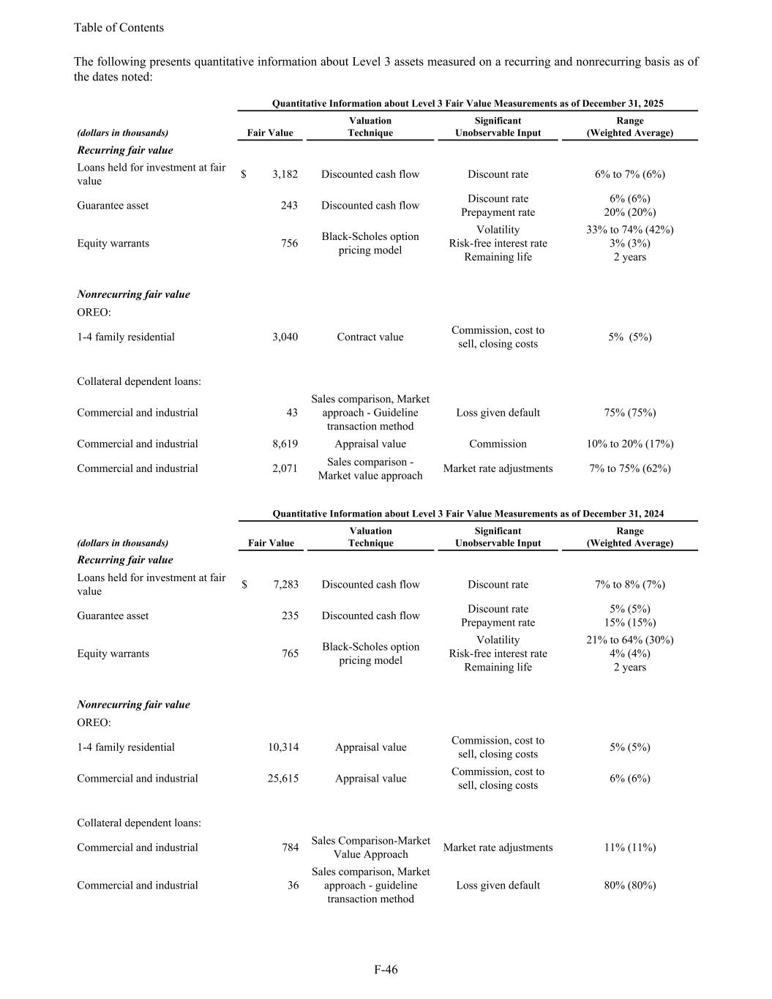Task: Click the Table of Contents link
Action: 119,28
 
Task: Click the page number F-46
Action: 386,970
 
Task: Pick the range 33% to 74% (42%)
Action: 629,229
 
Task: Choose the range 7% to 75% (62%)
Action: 629,468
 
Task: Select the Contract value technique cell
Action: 370,337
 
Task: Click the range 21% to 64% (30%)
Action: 629,640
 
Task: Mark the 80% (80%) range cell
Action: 629,885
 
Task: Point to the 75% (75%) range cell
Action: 629,413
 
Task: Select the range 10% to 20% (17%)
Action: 629,444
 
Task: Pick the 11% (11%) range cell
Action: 629,848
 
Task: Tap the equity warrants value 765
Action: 290,654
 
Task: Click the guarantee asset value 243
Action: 289,206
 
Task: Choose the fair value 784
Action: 290,848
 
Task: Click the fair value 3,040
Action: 285,337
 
